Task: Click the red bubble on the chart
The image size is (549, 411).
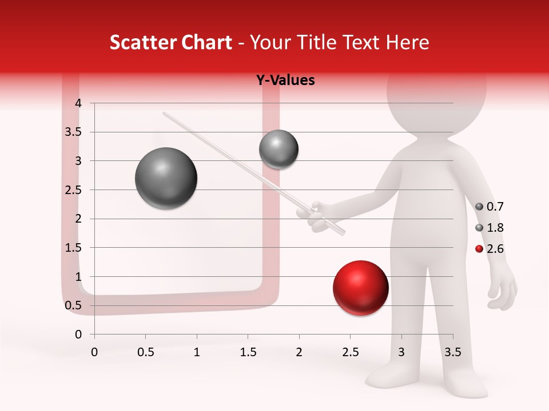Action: point(360,288)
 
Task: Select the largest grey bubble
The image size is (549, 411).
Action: point(166,178)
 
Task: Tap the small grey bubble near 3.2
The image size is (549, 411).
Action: point(279,149)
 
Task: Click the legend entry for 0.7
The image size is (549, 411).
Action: point(490,207)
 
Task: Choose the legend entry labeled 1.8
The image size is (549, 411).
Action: point(490,228)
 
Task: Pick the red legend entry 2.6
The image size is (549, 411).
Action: point(490,249)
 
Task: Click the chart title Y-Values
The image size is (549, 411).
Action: point(285,80)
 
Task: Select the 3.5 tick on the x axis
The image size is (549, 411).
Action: point(452,352)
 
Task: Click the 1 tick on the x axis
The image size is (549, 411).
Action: point(197,352)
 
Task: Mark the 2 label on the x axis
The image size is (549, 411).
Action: point(299,352)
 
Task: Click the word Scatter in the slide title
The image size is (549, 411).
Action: point(139,43)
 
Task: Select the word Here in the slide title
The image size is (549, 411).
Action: point(407,43)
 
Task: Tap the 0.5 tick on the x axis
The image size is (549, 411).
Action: point(145,352)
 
